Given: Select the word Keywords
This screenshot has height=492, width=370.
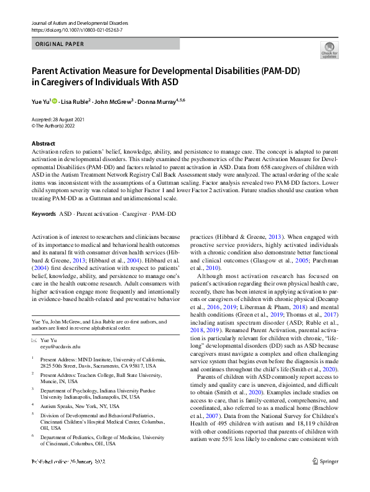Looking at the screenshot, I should [44, 214].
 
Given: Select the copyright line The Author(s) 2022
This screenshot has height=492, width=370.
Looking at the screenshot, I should [57, 125].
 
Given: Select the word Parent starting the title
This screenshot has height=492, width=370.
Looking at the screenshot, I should [49, 72].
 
